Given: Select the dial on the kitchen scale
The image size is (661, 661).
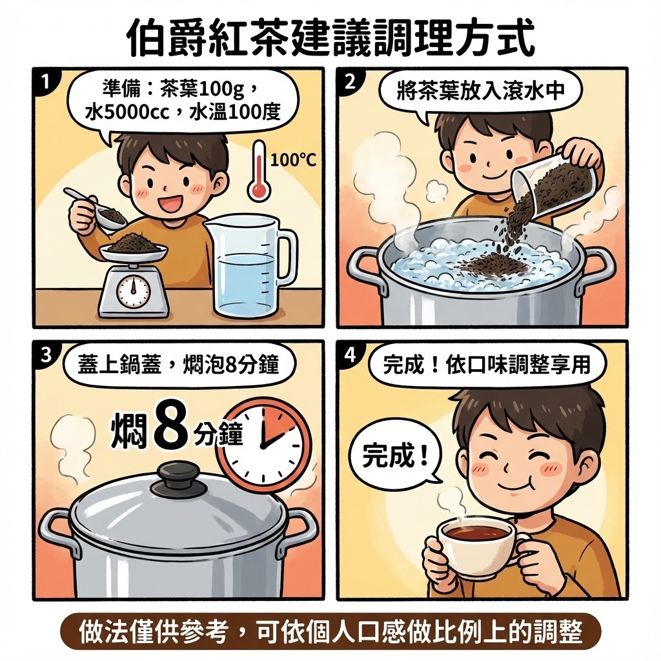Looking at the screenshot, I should (x=133, y=291).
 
